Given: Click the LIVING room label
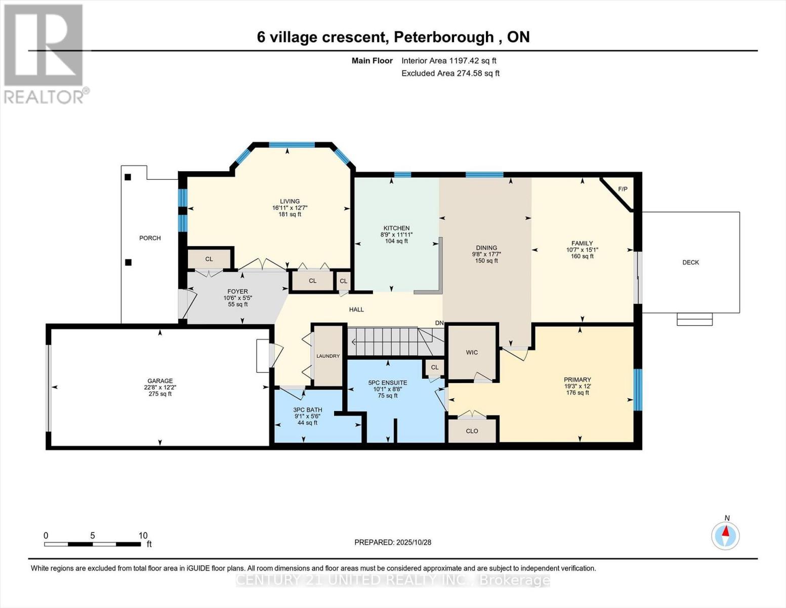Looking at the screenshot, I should pyautogui.click(x=289, y=201).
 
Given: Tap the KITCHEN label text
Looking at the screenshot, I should pyautogui.click(x=396, y=228).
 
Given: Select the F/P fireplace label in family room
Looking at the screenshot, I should pyautogui.click(x=623, y=189).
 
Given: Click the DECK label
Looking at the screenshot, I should pyautogui.click(x=690, y=262).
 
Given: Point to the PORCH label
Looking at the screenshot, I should pyautogui.click(x=150, y=238).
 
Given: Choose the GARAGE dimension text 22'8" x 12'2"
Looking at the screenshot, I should pyautogui.click(x=160, y=388).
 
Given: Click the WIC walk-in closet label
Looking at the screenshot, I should pyautogui.click(x=472, y=353).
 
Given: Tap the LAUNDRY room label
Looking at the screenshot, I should pyautogui.click(x=328, y=356).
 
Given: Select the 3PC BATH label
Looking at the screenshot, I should pyautogui.click(x=307, y=410).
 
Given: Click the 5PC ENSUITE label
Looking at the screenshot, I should pyautogui.click(x=388, y=383).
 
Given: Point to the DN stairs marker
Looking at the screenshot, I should pyautogui.click(x=439, y=323).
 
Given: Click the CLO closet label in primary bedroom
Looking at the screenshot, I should pyautogui.click(x=472, y=431).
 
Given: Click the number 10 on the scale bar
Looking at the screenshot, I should pyautogui.click(x=143, y=536).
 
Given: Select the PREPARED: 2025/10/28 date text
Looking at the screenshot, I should pyautogui.click(x=393, y=542).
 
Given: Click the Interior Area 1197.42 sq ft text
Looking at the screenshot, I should pyautogui.click(x=448, y=61).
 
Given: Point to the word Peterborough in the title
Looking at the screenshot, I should pyautogui.click(x=443, y=37).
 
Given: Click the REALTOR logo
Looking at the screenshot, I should pyautogui.click(x=45, y=53).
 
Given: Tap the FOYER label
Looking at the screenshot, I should pyautogui.click(x=237, y=291).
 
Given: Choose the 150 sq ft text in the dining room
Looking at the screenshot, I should pyautogui.click(x=486, y=261).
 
